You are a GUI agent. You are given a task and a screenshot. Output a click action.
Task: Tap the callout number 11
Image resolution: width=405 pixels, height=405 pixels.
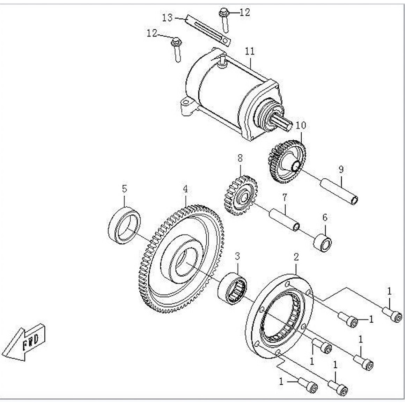pyautogui.click(x=250, y=52)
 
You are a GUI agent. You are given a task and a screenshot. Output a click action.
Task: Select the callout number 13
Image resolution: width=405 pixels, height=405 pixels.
pyautogui.click(x=168, y=17)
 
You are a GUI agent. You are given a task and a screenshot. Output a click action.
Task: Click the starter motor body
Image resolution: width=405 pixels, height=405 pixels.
pyautogui.click(x=223, y=94)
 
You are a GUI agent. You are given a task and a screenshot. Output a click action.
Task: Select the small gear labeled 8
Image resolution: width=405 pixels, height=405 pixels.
pyautogui.click(x=240, y=196)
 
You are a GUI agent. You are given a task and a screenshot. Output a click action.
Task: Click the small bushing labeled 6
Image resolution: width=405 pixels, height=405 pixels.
pyautogui.click(x=322, y=241)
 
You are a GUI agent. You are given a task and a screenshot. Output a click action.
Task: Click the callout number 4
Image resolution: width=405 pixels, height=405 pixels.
pyautogui.click(x=185, y=189)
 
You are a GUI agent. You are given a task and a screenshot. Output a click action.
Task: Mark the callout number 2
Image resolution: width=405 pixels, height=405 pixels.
pyautogui.click(x=296, y=257)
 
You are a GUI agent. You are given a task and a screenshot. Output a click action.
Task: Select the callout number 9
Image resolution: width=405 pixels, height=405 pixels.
pyautogui.click(x=341, y=169)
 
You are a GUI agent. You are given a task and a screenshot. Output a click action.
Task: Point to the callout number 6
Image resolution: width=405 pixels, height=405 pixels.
pyautogui.click(x=325, y=218)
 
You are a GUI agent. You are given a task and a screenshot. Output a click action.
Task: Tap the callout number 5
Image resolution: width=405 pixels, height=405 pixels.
pyautogui.click(x=124, y=189)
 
